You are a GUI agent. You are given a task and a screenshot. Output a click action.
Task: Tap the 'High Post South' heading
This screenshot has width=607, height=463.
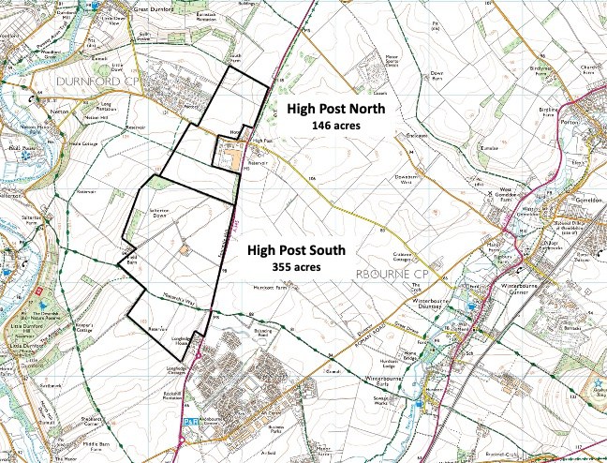[x=297, y=251]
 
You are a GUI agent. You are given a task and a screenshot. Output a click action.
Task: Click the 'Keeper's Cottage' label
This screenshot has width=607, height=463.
[x=77, y=330]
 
